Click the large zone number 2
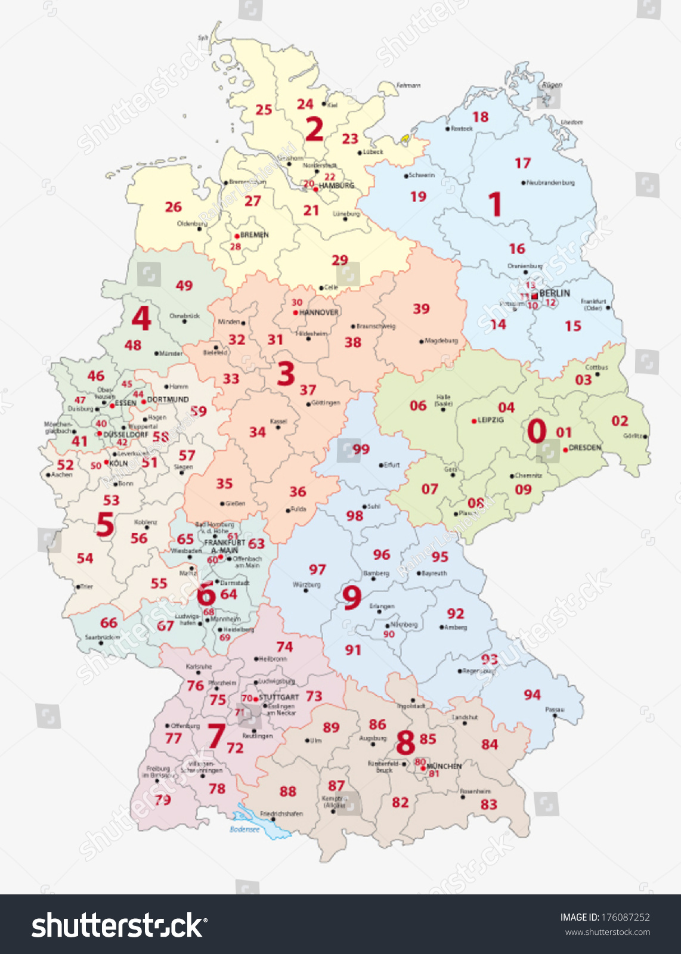coord(314,129)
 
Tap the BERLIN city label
coord(555,293)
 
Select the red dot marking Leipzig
coord(475,420)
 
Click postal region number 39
coord(421,309)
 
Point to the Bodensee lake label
coord(244,829)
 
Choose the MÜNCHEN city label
coord(444,766)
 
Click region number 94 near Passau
coord(532,695)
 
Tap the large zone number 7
coord(216,736)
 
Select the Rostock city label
coord(462,129)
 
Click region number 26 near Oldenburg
coord(173,207)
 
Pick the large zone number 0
coord(537,430)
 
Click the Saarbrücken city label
coord(102,637)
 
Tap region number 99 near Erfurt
coord(361,449)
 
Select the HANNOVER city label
coord(319,312)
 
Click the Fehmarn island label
coord(408,86)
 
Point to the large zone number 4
coord(141,319)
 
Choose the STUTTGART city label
coord(278,697)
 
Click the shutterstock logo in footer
coord(119,925)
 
